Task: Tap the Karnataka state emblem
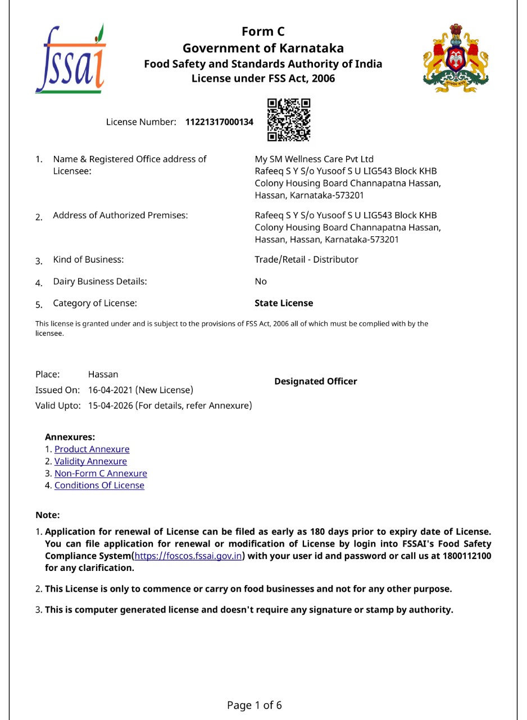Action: point(456,58)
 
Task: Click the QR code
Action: point(289,120)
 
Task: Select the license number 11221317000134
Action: point(219,122)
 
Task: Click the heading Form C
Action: point(263,32)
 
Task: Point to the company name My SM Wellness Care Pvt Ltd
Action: point(314,159)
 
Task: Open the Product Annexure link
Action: point(92,449)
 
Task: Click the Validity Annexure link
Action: point(90,461)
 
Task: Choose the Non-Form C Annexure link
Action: point(101,474)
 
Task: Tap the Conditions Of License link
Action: point(99,485)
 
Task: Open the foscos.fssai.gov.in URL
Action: point(188,556)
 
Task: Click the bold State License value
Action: point(284,303)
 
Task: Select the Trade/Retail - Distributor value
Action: point(306,259)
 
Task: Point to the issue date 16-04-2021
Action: point(111,390)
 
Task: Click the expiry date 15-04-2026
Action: point(111,406)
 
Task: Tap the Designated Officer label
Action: point(315,381)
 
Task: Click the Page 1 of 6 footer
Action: point(255,705)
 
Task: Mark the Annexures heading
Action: point(70,437)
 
